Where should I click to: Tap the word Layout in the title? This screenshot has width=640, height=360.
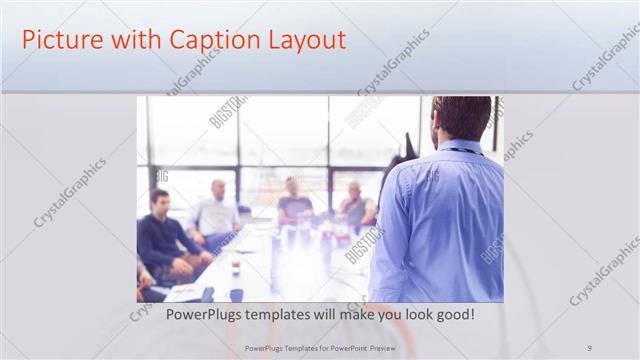pos(304,41)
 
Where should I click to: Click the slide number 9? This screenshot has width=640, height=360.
pos(590,348)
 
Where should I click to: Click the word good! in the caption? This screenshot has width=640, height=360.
pos(450,315)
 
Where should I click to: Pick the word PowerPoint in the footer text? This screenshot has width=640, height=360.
pos(347,348)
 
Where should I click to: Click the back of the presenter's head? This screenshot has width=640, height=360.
pos(462,118)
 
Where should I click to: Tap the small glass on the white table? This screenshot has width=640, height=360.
pos(236,267)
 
